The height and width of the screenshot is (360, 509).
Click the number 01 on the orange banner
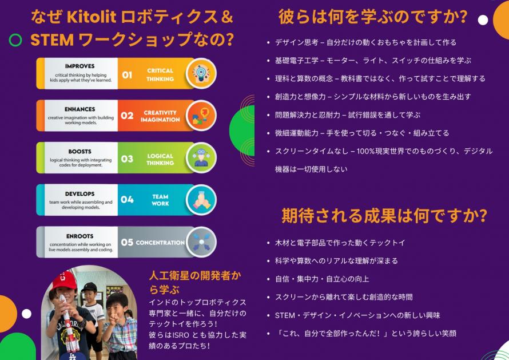coord(127,75)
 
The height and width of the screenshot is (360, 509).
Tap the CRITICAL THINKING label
coord(160,75)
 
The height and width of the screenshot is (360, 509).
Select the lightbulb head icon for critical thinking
coord(201,73)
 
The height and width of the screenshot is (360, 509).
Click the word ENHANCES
coord(80,109)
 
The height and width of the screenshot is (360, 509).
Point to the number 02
coord(127,116)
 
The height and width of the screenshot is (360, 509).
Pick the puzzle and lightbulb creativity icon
coord(201,116)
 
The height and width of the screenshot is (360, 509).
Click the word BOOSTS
coord(80,152)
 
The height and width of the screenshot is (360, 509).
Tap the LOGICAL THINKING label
coord(160,159)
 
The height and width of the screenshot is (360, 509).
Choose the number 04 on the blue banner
coord(127,200)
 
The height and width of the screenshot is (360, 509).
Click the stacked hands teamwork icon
coord(201,200)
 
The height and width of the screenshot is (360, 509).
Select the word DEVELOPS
coord(80,194)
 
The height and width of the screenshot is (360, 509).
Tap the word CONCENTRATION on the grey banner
coord(160,242)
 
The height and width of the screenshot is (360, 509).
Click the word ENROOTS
coord(80,236)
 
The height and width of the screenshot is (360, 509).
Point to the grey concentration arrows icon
coord(201,242)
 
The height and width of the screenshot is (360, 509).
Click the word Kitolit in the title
coord(92,17)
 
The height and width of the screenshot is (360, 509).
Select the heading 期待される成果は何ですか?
coord(384,215)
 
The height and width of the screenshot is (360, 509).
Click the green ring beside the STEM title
coord(15,40)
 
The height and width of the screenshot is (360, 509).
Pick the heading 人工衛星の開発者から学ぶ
coord(195,282)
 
